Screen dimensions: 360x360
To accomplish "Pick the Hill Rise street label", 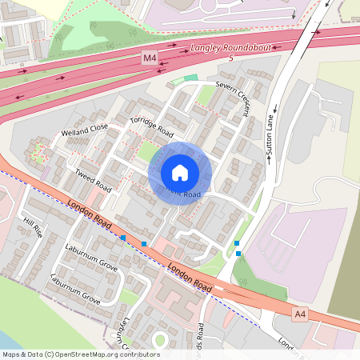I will pyautogui.click(x=33, y=228).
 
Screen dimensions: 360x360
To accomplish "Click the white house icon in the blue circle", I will pyautogui.click(x=180, y=173).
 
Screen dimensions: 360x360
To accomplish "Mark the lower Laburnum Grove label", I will pyautogui.click(x=75, y=290).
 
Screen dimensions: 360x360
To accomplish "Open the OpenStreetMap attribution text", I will pyautogui.click(x=81, y=354).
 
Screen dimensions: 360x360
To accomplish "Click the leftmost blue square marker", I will pyautogui.click(x=123, y=238).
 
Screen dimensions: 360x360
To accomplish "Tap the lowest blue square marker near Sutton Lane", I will pyautogui.click(x=238, y=254).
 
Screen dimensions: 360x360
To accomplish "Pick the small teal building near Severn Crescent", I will pyautogui.click(x=190, y=78).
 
